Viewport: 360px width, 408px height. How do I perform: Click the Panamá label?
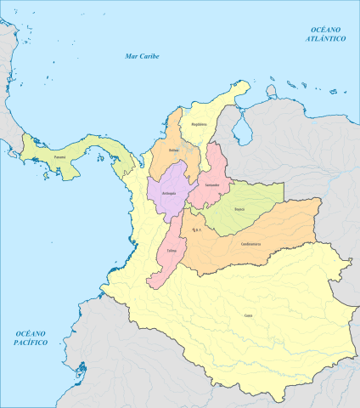[x=59, y=157]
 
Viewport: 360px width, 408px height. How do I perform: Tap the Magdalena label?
[x=199, y=124]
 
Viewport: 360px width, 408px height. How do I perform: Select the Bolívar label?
[x=174, y=150]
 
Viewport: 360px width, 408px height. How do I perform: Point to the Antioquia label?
[x=169, y=194]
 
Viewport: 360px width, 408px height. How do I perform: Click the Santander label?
[x=213, y=184]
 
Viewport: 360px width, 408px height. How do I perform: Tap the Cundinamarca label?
[x=251, y=245]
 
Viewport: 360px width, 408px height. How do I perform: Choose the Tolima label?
[x=172, y=251]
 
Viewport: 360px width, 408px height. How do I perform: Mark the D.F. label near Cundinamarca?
[x=197, y=229]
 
